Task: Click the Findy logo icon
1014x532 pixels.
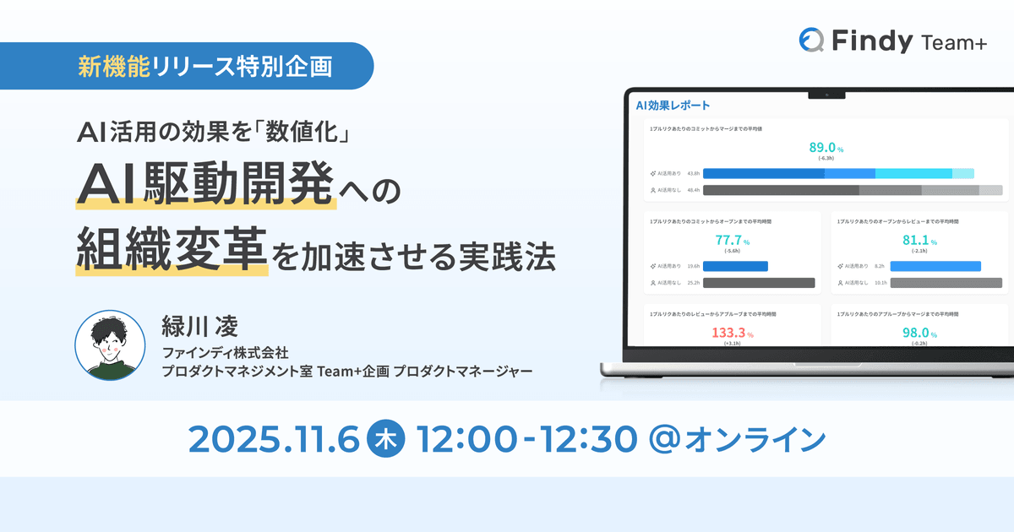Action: point(812,40)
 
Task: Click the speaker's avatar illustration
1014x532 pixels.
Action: point(110,345)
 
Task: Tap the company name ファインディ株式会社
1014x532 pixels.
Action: point(226,352)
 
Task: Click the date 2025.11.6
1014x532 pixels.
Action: point(274,438)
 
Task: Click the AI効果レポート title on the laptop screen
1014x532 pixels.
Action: point(673,106)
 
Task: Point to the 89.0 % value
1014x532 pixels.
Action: point(825,148)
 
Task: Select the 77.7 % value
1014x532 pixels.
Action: point(732,240)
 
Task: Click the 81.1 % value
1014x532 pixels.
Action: point(919,240)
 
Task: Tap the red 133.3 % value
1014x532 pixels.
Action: point(732,333)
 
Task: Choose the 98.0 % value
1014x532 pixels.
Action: point(919,333)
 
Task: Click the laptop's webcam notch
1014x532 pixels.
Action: point(826,94)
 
